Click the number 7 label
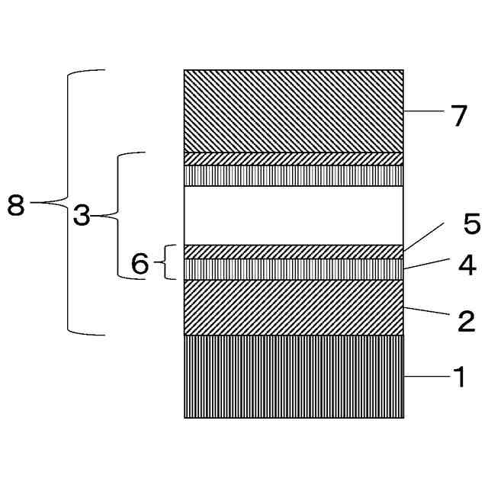tap(458, 117)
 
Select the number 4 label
tap(467, 265)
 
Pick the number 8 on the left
tap(16, 205)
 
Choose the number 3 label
tap(82, 217)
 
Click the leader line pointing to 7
tap(423, 111)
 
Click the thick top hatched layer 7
tap(294, 111)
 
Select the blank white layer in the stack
tap(294, 215)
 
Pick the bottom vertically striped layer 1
tap(294, 377)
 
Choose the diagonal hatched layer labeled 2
tap(294, 307)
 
